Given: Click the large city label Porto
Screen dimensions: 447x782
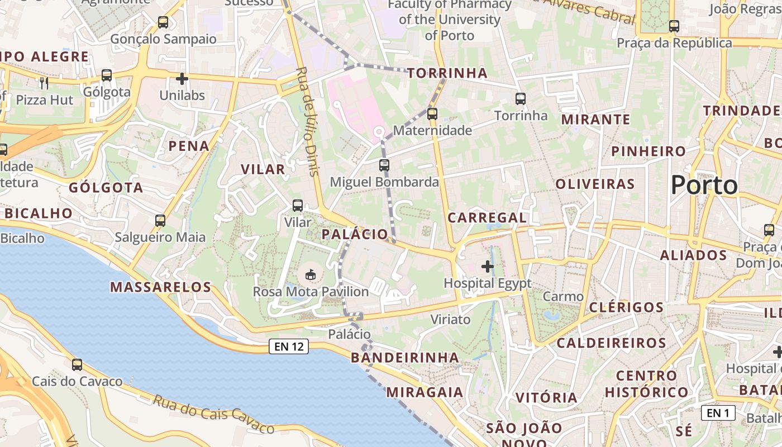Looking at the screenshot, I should click(x=704, y=185).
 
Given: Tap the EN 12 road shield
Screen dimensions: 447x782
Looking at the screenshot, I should click(x=289, y=346).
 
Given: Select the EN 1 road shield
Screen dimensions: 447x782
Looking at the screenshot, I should click(x=718, y=413).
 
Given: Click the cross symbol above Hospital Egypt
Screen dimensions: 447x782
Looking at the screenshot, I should click(x=488, y=267).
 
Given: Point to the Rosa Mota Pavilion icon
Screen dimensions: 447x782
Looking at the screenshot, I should click(x=311, y=274).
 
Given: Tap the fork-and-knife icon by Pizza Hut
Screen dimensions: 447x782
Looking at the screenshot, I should click(x=44, y=83).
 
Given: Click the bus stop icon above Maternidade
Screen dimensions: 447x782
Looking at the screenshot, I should click(x=432, y=114).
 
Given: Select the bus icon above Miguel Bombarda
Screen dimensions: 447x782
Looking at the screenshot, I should click(x=384, y=165).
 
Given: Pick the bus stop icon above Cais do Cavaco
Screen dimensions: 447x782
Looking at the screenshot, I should click(x=77, y=365).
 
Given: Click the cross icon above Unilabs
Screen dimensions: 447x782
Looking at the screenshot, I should click(x=182, y=79).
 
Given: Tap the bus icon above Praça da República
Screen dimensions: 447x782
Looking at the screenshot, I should click(x=674, y=26).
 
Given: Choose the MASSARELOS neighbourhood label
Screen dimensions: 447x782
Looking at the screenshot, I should click(x=160, y=287).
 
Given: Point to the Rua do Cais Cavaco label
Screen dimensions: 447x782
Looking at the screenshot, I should click(x=214, y=414).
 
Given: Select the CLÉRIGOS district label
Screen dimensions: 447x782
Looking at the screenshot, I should click(x=626, y=307).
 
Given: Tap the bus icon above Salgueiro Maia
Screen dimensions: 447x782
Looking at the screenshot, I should click(x=160, y=221).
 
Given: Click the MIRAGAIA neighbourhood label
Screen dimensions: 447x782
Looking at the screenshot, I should click(x=425, y=392).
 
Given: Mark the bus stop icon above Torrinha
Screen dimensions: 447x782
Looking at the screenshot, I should click(x=521, y=99).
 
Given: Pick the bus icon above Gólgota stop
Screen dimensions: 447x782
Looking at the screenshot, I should click(x=106, y=75).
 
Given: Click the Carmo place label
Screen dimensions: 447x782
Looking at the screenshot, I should click(x=563, y=297).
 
